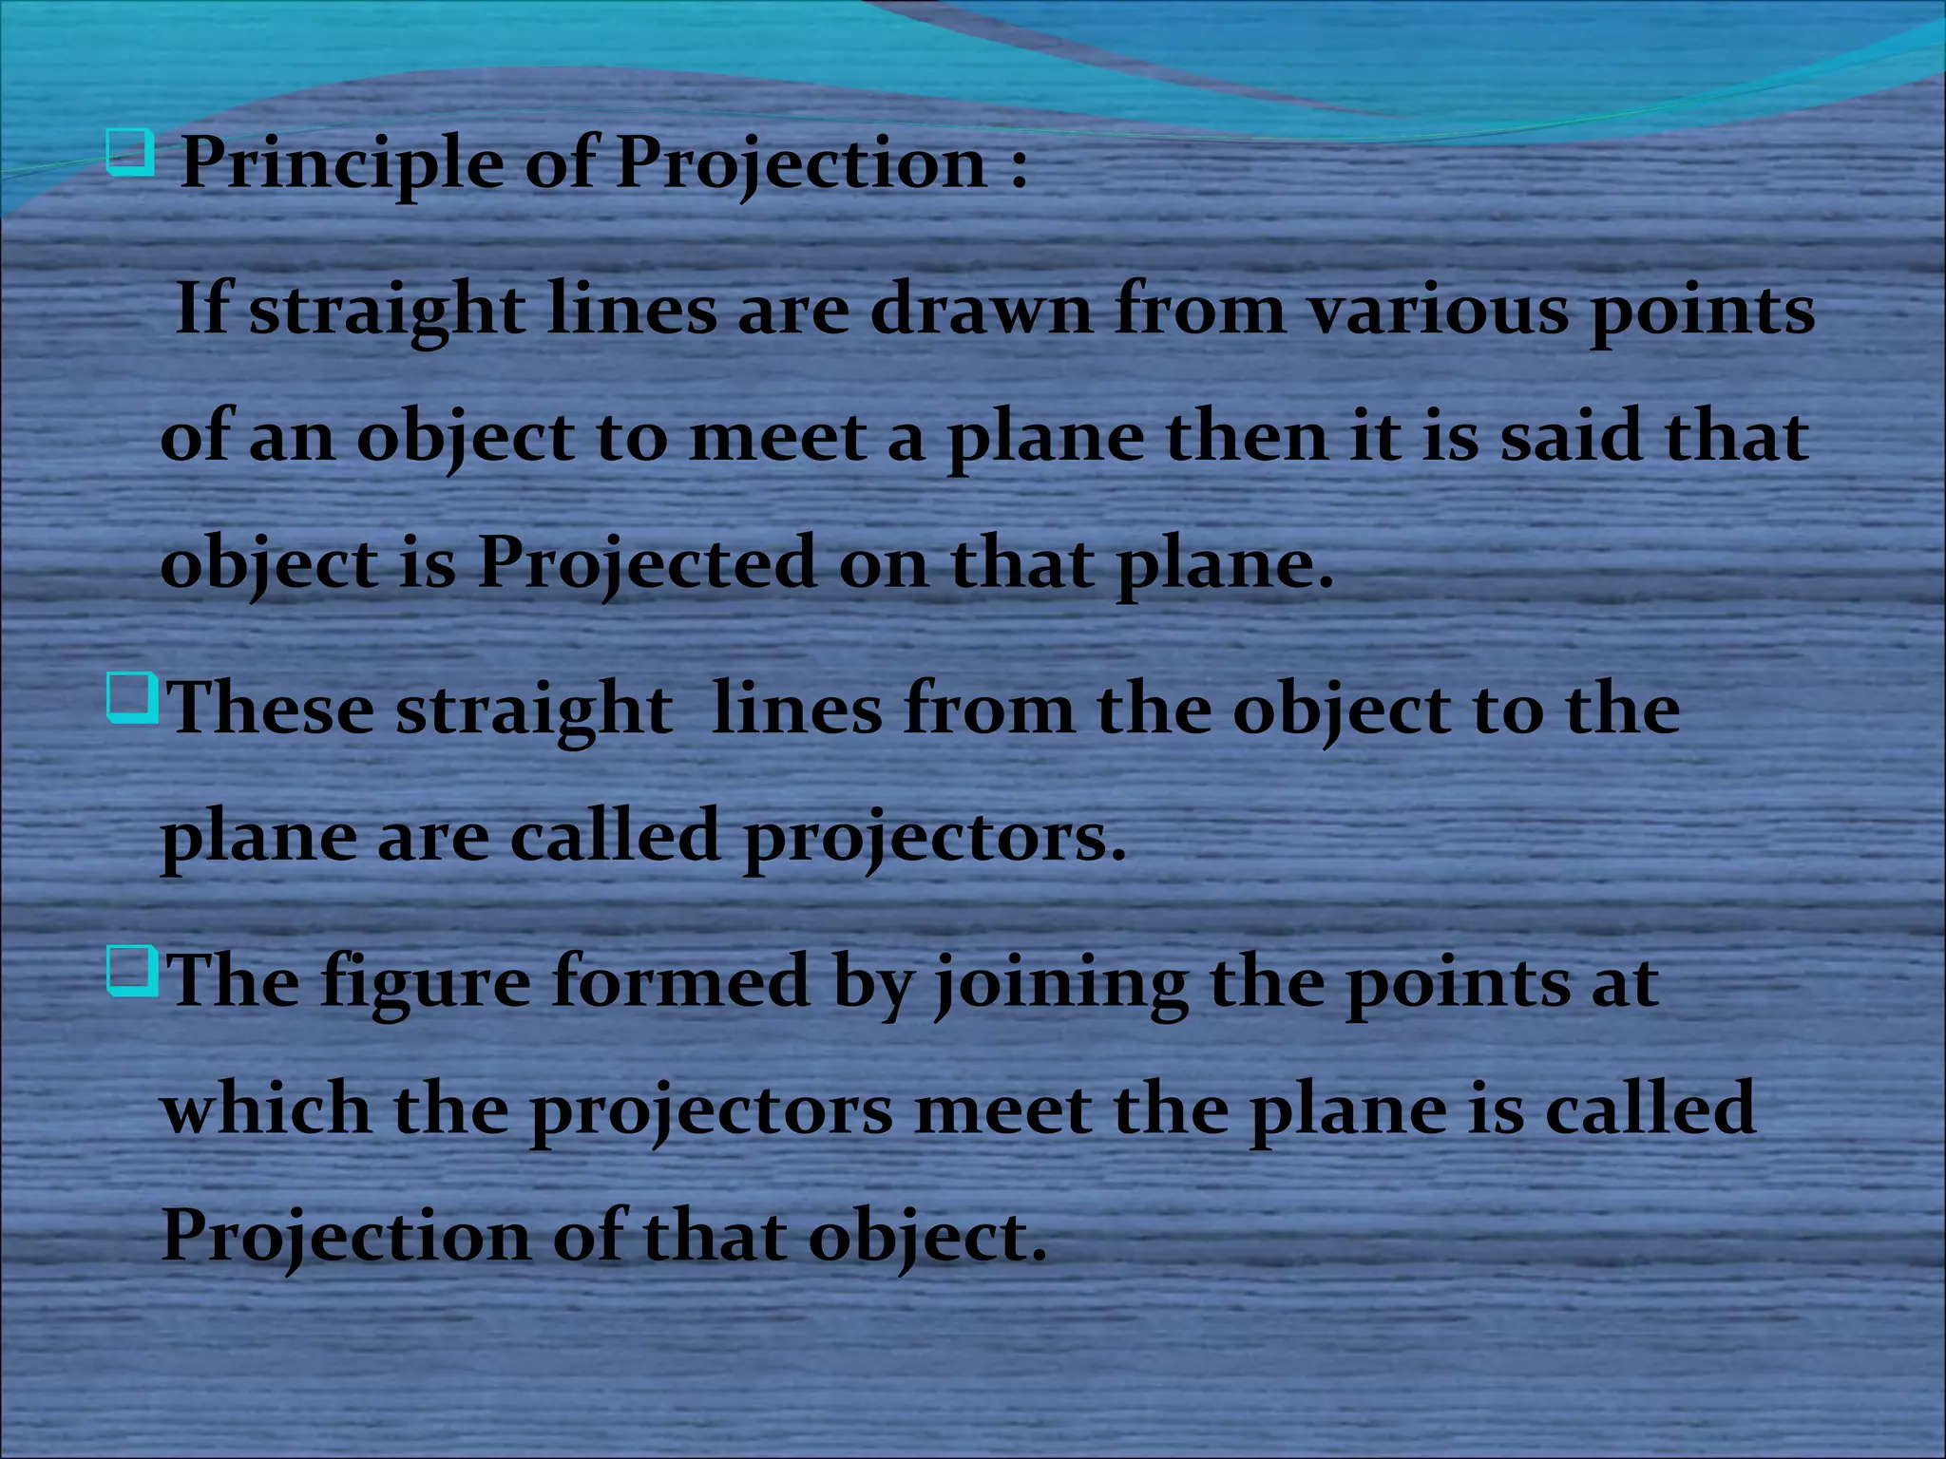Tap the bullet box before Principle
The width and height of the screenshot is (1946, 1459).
(x=130, y=154)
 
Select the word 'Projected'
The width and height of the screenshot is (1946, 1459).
(x=646, y=562)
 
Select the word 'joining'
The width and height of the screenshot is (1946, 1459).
(x=1060, y=983)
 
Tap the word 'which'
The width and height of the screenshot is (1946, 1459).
(x=266, y=1108)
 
